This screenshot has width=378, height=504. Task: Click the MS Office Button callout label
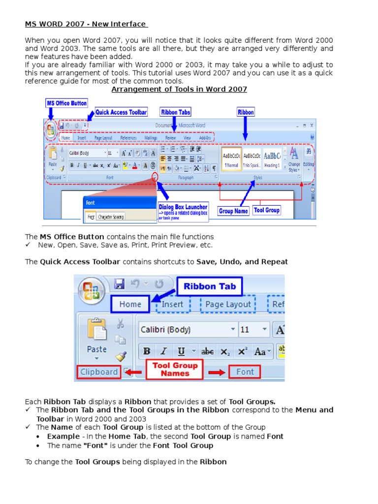click(66, 103)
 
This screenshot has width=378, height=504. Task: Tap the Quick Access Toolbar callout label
click(121, 112)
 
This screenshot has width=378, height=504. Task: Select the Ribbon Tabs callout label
click(175, 112)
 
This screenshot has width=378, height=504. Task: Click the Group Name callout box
click(233, 211)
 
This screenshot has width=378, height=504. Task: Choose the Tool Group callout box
click(266, 210)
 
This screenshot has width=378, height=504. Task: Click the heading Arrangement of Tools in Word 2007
click(179, 89)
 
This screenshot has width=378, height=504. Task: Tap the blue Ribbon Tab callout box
click(210, 286)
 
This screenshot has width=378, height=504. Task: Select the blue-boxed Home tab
click(130, 304)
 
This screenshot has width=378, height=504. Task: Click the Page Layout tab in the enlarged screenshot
click(228, 304)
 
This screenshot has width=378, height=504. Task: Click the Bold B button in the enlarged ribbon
click(147, 351)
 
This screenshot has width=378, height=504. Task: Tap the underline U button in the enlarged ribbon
click(181, 351)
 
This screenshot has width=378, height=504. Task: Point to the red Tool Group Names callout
click(175, 369)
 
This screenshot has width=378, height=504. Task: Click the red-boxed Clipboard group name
click(98, 372)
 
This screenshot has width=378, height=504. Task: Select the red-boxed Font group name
click(245, 372)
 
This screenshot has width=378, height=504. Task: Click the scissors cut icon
click(120, 324)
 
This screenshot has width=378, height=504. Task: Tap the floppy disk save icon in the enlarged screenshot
click(119, 284)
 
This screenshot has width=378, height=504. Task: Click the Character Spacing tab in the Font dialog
click(111, 216)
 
